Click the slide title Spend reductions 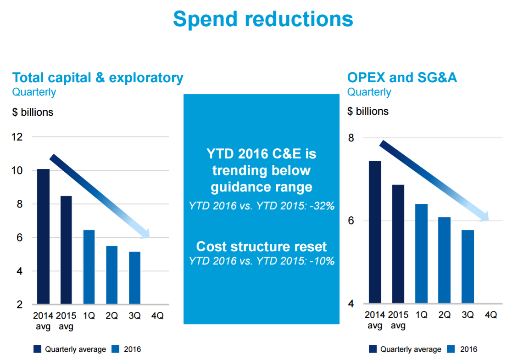[x=263, y=19]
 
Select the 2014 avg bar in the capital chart [x=43, y=236]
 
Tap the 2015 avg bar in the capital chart [x=66, y=250]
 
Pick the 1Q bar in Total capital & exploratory [x=89, y=267]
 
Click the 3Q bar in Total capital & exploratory [x=135, y=277]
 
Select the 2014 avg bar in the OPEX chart [x=375, y=232]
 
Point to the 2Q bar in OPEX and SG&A [x=444, y=260]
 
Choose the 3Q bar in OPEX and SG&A [x=467, y=266]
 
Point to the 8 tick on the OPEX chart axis [x=352, y=138]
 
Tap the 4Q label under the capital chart [x=157, y=316]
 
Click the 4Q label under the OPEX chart [x=490, y=315]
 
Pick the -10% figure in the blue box [x=322, y=261]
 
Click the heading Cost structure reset [x=261, y=247]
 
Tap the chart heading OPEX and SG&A [x=402, y=78]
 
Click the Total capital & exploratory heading [x=98, y=78]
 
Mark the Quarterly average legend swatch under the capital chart [x=38, y=349]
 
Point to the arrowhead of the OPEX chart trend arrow [x=485, y=217]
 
